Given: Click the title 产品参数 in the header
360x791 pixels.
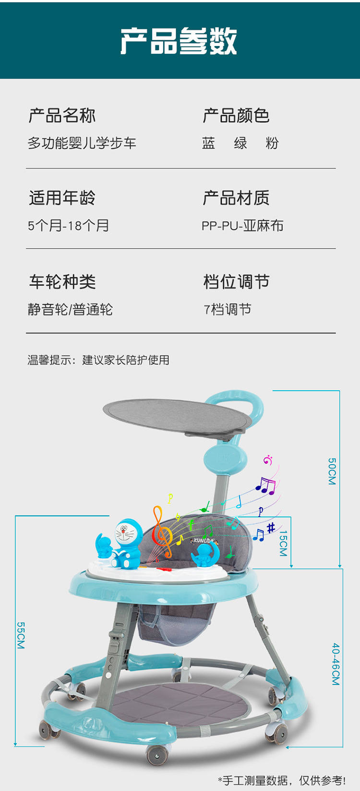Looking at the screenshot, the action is coord(179,41).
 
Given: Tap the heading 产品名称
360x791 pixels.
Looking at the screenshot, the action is coord(62,116).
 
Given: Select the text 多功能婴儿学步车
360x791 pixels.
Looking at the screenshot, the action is coord(82,143).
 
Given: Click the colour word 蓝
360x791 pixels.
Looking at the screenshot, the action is coord(208,143).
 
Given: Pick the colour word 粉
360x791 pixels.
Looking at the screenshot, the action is coord(272,143).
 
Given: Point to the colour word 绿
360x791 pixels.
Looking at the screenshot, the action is coord(240,143).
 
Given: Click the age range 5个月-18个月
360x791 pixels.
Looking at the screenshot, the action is coord(68,226).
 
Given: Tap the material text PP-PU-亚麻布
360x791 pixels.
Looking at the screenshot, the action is coord(242,226).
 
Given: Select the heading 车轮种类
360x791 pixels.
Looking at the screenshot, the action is coord(62,282).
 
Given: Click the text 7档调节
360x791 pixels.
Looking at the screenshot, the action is coord(228,310).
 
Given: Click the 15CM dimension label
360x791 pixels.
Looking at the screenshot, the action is coord(283,543).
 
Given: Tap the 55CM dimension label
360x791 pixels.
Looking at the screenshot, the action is coord(21,635).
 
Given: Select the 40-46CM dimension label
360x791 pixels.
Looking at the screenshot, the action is coord(336,664).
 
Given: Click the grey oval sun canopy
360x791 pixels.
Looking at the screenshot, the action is coord(177,416).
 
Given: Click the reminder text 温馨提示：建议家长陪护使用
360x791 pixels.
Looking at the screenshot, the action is coord(98,360).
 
